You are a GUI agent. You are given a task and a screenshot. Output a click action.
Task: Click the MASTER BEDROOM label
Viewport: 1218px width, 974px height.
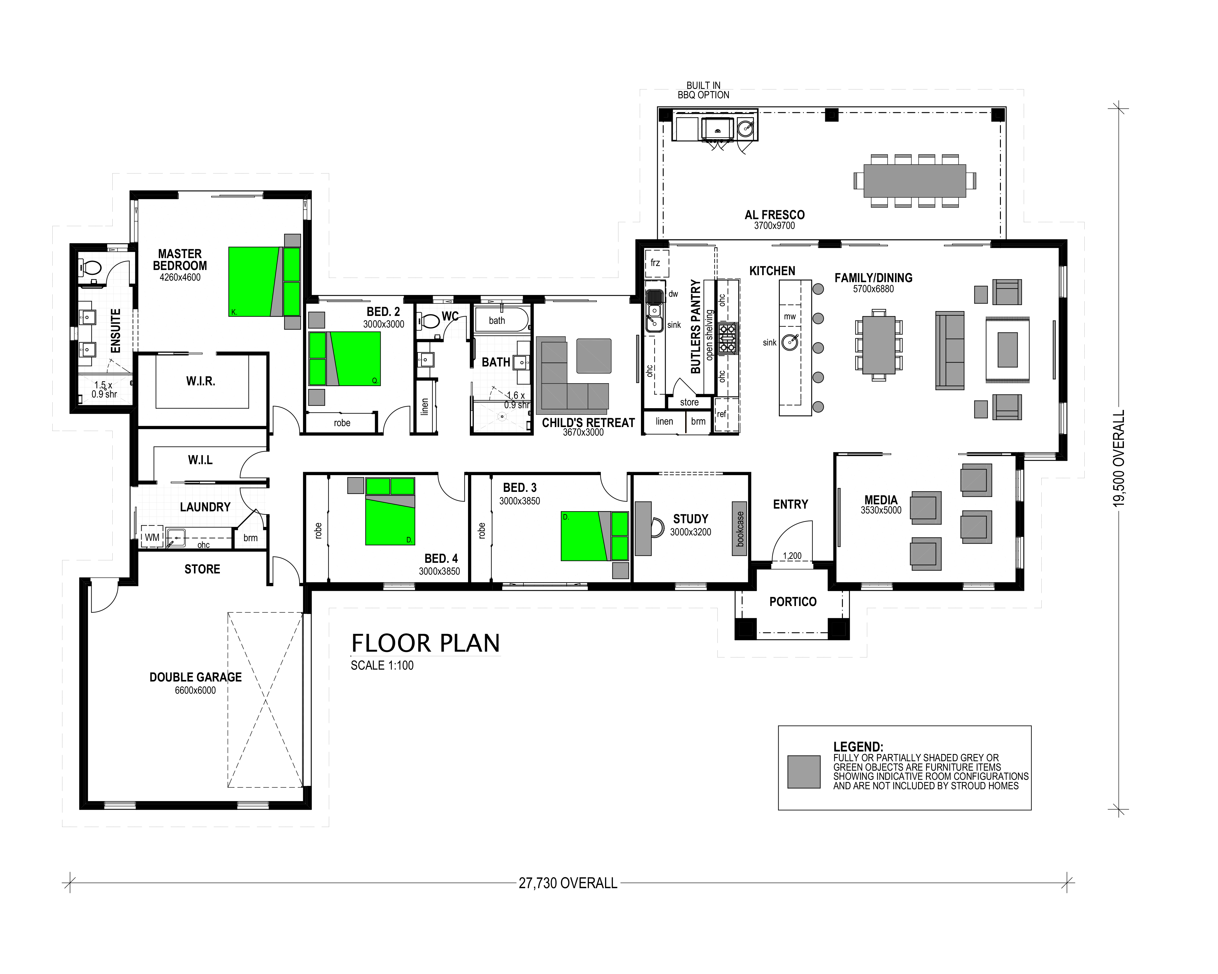[180, 260]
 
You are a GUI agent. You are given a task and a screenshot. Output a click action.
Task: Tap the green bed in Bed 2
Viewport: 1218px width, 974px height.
[345, 359]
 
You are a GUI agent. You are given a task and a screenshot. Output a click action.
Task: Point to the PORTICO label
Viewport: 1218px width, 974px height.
[793, 602]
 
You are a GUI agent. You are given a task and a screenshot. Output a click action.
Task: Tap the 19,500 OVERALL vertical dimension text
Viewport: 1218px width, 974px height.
[1118, 458]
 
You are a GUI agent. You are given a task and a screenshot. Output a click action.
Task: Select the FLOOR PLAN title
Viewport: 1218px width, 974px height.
[425, 643]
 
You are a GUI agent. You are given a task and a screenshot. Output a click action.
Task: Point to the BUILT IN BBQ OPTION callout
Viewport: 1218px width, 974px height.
[703, 90]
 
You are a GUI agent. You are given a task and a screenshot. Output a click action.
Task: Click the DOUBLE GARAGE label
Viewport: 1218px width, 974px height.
[195, 677]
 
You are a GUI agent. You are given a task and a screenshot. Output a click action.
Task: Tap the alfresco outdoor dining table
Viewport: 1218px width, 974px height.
[915, 181]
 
